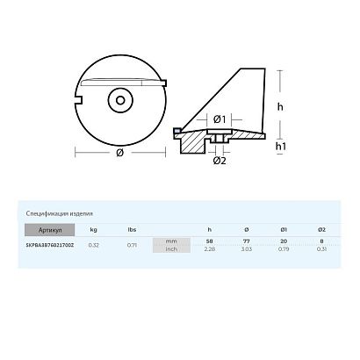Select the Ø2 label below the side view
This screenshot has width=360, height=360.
coord(220,161)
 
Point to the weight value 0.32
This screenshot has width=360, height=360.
coord(93,246)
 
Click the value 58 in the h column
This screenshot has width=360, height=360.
coord(209,241)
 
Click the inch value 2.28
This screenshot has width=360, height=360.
coord(209,248)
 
